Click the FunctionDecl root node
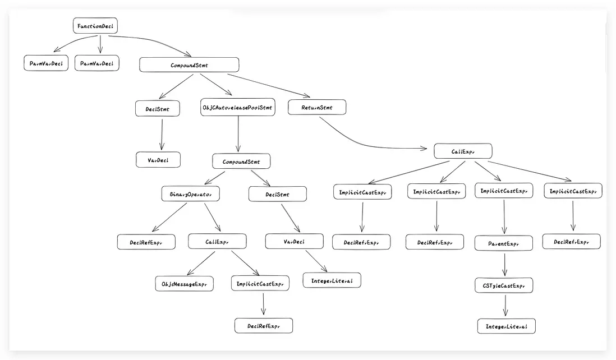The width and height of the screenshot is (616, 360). tap(95, 26)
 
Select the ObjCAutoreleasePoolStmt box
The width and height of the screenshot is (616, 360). tap(238, 108)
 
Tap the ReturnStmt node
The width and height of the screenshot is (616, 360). tap(317, 108)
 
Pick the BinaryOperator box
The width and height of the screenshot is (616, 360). tap(190, 194)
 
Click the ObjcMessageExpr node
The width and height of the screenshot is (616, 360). tap(184, 284)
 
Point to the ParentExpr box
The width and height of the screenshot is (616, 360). tap(503, 243)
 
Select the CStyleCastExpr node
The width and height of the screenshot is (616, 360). tap(503, 285)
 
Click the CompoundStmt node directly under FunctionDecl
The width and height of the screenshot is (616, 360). tap(189, 65)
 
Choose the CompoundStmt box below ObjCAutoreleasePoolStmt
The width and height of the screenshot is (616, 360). tap(241, 161)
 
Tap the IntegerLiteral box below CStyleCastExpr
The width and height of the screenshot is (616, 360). tap(506, 326)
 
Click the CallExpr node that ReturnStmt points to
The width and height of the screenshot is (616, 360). tap(463, 151)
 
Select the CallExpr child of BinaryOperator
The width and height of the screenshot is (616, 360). tap(217, 242)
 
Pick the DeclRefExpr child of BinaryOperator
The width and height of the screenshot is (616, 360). tap(146, 242)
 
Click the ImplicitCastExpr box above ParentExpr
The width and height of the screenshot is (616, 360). tap(503, 191)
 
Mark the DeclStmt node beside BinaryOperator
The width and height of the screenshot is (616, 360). tap(277, 194)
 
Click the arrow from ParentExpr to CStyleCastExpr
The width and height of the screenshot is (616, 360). tap(505, 264)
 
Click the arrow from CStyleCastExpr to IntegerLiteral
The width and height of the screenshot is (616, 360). tap(505, 306)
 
